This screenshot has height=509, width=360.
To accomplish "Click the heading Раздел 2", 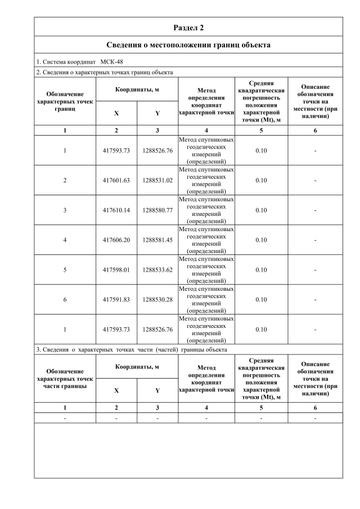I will (x=188, y=27).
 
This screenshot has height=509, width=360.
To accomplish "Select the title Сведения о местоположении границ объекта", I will (x=188, y=45).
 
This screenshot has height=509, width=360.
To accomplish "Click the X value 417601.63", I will (x=116, y=181).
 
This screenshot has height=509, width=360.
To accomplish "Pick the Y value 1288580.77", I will (x=157, y=210).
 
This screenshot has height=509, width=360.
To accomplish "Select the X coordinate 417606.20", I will (x=116, y=240).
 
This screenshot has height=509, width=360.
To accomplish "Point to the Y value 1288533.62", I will (x=157, y=270).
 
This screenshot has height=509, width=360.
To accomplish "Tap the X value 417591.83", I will (x=116, y=300).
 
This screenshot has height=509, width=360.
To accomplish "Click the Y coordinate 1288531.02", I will (x=157, y=181).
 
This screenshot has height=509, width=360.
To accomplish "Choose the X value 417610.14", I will (x=116, y=210).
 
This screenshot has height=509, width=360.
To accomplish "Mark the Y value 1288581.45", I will (x=157, y=240).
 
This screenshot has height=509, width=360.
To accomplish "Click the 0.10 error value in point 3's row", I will (x=261, y=210).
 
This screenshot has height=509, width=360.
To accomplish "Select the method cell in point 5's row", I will (x=206, y=270).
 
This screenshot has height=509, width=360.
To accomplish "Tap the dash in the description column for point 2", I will (x=315, y=181).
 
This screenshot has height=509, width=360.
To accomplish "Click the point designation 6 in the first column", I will (x=65, y=300).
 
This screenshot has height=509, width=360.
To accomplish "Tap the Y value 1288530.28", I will (x=157, y=300).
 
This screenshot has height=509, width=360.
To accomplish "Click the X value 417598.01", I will (x=116, y=270).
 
